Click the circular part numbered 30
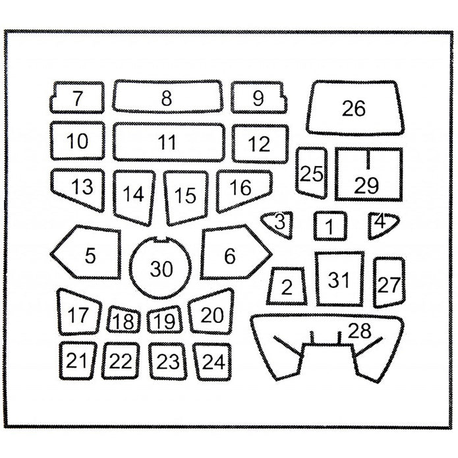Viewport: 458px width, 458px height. (x=161, y=267)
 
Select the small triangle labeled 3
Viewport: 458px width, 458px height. (x=279, y=223)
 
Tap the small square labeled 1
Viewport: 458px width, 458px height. (x=330, y=227)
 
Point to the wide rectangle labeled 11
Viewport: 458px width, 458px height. (x=167, y=141)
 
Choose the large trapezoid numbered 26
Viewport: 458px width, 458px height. (x=355, y=107)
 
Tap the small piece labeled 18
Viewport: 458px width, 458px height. (x=123, y=321)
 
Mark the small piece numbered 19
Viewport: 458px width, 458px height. (x=164, y=321)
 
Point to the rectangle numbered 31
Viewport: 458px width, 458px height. (x=339, y=279)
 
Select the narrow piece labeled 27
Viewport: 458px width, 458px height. (x=389, y=283)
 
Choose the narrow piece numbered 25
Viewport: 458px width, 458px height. (x=311, y=173)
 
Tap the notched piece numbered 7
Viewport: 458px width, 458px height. (x=78, y=98)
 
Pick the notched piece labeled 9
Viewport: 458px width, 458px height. (x=258, y=98)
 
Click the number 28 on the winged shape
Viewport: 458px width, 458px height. (x=360, y=331)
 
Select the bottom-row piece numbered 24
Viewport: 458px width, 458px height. (x=212, y=361)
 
